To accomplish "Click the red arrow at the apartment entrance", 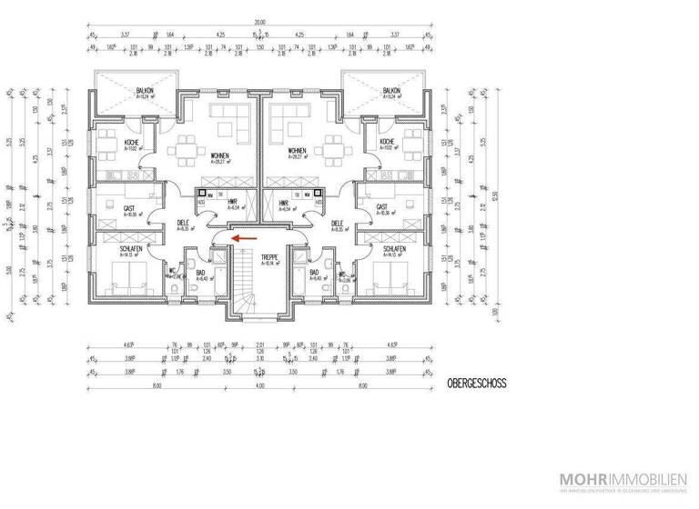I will coord(241,237).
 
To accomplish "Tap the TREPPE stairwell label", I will coord(269,258).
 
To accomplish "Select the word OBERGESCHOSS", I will coord(476,384).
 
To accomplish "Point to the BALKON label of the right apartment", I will coord(391,92).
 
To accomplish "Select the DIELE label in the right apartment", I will coord(337,223).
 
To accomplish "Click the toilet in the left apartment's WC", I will coord(174,289).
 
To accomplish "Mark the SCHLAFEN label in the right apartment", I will coord(394,248).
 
